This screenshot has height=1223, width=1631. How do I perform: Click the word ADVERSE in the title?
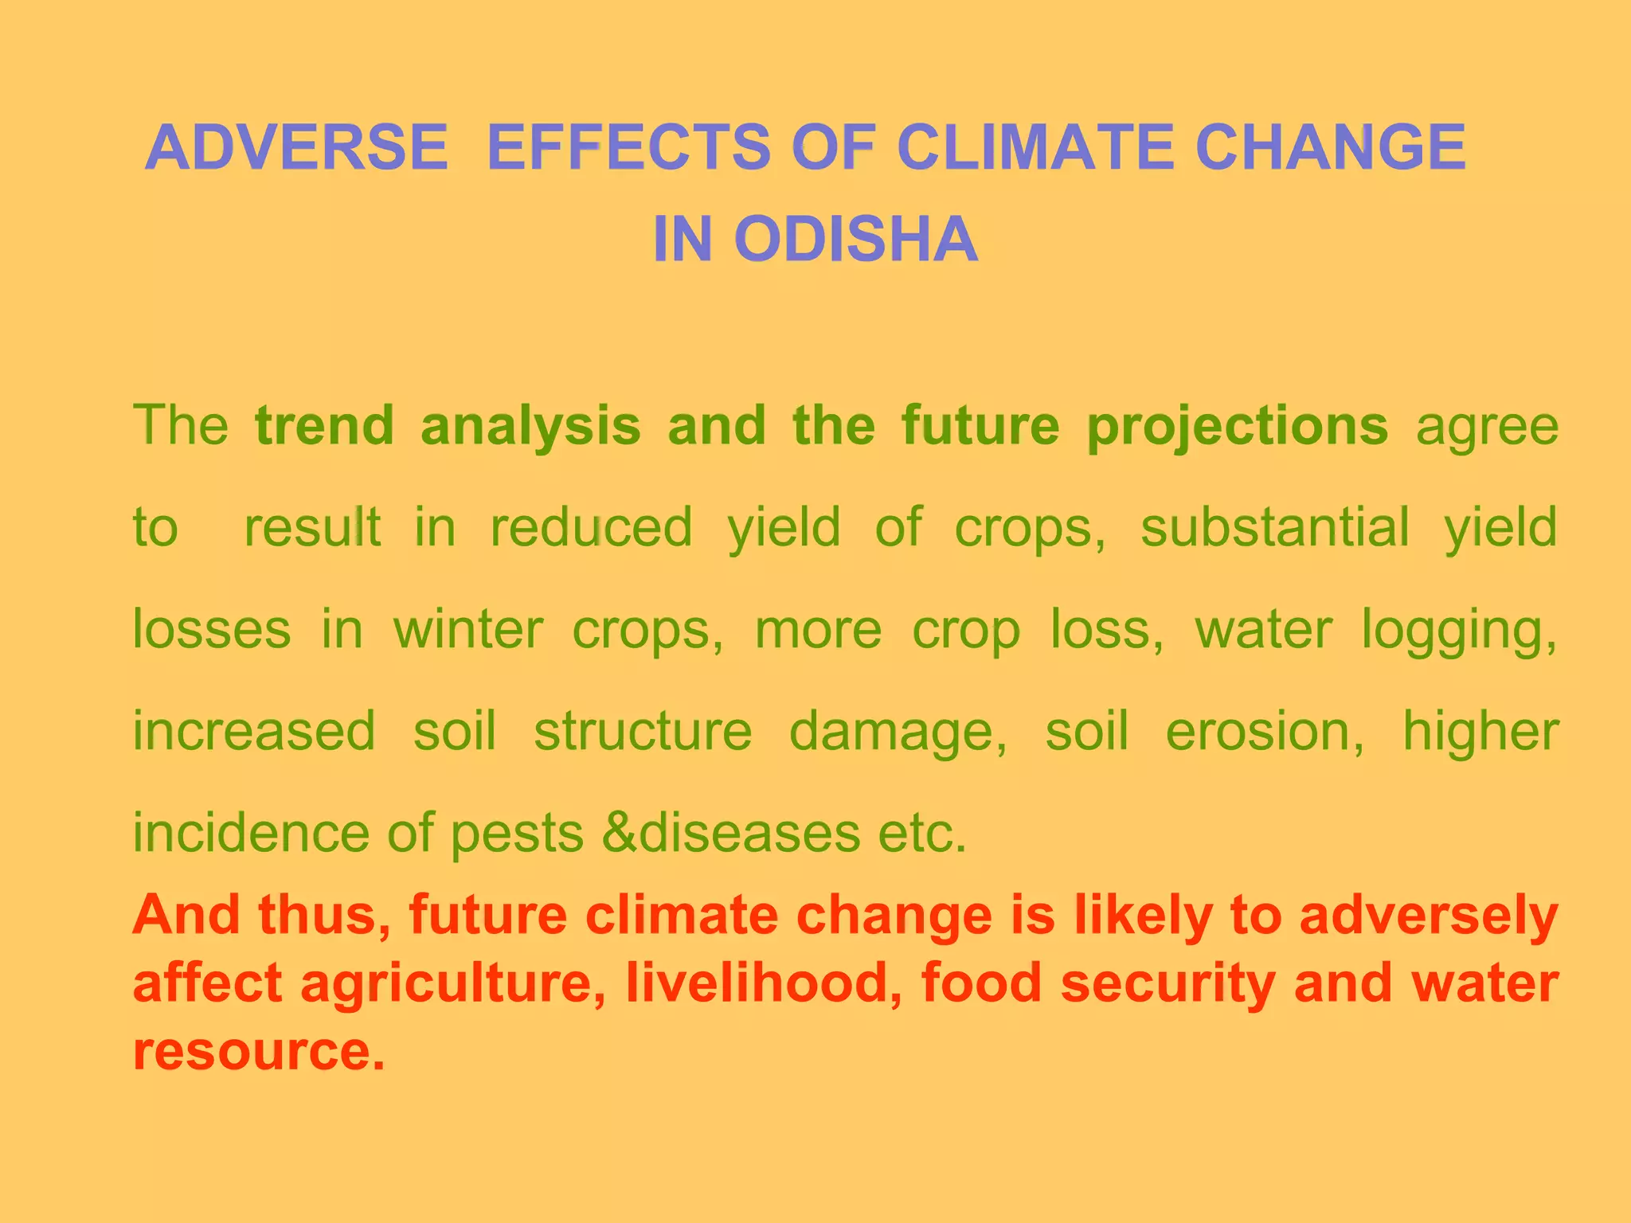click(296, 148)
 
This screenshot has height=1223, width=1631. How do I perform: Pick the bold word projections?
click(1237, 427)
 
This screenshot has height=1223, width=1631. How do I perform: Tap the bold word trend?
click(324, 425)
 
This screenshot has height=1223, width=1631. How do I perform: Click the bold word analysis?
click(530, 427)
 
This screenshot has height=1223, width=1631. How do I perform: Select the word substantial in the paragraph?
click(1274, 527)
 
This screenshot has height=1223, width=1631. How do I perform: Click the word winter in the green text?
click(467, 629)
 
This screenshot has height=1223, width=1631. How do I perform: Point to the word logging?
click(1458, 631)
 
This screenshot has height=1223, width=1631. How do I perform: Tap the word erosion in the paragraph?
click(1265, 731)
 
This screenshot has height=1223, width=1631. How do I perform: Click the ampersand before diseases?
click(619, 833)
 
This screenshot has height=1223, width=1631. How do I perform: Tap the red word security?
click(1168, 984)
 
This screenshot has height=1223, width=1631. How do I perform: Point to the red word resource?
click(258, 1051)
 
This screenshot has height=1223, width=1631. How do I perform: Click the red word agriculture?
click(452, 984)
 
